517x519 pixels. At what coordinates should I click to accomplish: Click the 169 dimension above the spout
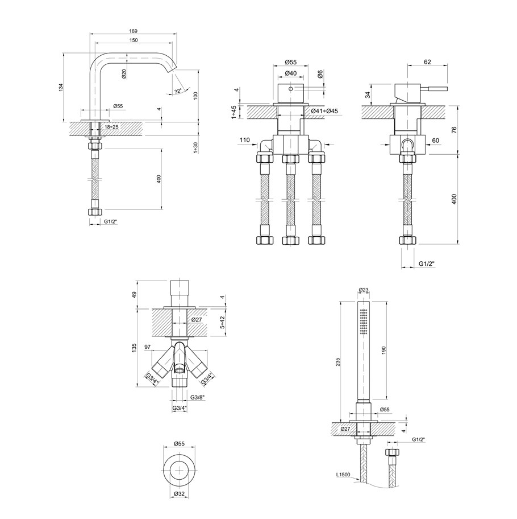point(133,31)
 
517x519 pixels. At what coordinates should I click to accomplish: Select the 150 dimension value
point(133,40)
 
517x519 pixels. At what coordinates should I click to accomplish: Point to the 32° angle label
point(178,91)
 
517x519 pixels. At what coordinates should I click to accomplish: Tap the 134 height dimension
point(60,88)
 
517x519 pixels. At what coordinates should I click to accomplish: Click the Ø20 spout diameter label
point(124,74)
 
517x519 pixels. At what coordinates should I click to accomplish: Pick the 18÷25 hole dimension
point(112,127)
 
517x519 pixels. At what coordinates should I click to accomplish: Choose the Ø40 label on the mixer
point(291,73)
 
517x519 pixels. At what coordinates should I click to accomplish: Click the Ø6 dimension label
point(320,75)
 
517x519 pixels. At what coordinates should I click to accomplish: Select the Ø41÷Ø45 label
point(324,111)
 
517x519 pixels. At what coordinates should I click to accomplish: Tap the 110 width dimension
point(245,140)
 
